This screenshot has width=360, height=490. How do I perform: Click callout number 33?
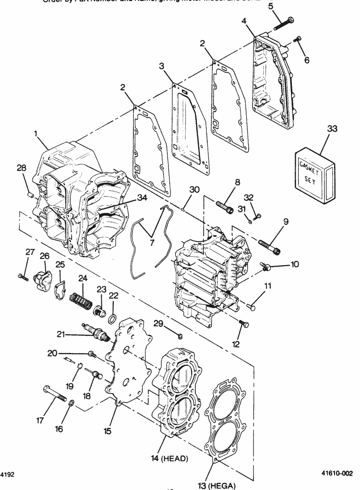click(332, 129)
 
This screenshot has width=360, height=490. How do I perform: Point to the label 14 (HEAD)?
click(169, 458)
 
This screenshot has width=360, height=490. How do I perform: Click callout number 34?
click(142, 197)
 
